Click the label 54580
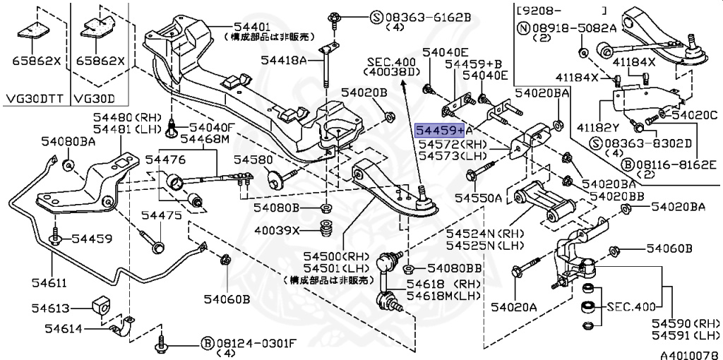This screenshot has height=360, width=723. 246,160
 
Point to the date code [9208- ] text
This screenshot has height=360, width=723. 561,10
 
